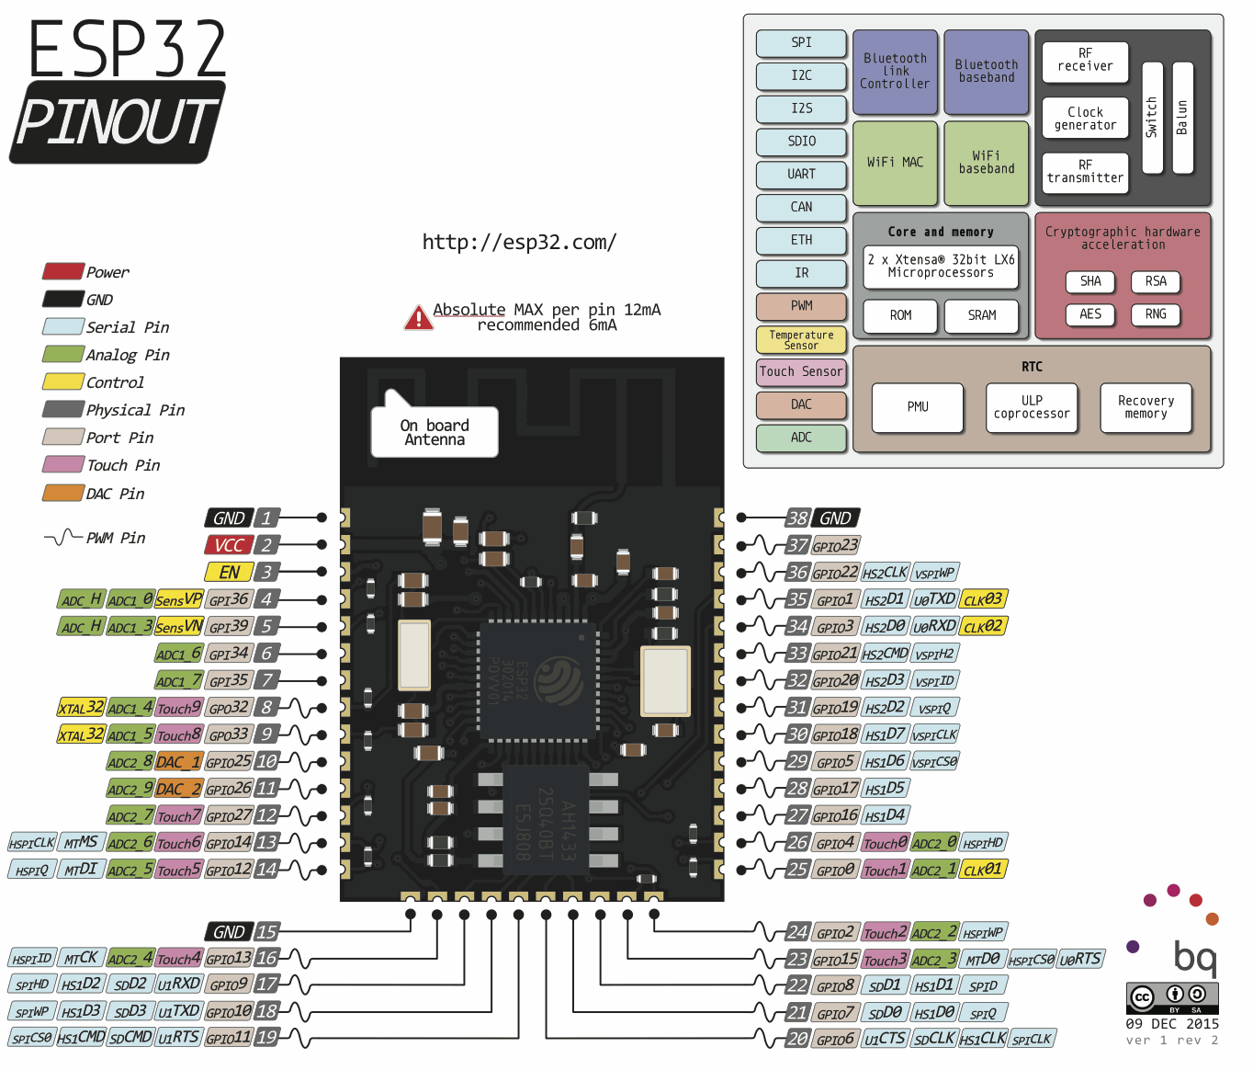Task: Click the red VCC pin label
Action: [x=228, y=545]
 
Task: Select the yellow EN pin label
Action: [x=228, y=572]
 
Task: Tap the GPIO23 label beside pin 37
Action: [x=835, y=545]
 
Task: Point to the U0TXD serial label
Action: [x=934, y=599]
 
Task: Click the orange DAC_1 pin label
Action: [x=178, y=762]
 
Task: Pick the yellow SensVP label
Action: [x=178, y=599]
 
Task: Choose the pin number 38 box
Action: [x=797, y=518]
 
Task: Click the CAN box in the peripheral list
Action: [x=801, y=208]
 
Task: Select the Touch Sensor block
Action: [x=800, y=372]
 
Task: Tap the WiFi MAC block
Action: [x=895, y=163]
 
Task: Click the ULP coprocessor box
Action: [x=1032, y=407]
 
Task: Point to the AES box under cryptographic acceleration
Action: [x=1090, y=314]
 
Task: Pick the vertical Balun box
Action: [x=1182, y=118]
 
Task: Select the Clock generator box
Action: [x=1085, y=119]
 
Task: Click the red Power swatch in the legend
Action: [x=62, y=272]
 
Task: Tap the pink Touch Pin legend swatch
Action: [x=62, y=465]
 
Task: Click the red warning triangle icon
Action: [x=418, y=318]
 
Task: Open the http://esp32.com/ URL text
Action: [x=519, y=243]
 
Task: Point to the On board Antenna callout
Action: [x=435, y=432]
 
